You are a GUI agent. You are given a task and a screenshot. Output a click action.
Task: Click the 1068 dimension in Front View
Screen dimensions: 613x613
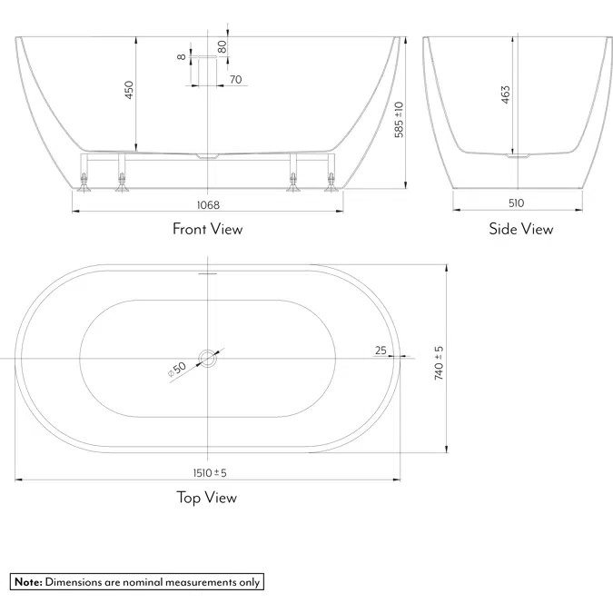coord(207,205)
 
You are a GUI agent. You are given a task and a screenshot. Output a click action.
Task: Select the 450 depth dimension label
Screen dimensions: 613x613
coord(129,90)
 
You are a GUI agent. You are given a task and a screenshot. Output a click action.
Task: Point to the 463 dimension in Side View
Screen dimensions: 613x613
coord(506,95)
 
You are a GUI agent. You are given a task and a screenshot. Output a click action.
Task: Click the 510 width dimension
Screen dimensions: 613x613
coord(517,203)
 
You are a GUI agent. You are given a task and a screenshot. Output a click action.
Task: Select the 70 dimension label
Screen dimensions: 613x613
coord(235,80)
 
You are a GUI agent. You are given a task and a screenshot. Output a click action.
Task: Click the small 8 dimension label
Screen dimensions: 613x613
coord(183,56)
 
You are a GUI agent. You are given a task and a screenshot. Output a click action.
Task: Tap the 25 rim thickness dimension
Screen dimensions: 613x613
coord(380,350)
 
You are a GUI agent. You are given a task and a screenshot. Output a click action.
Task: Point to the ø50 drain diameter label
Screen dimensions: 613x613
coord(176,369)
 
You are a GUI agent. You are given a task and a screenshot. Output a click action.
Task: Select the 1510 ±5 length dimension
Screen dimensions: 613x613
coord(208,472)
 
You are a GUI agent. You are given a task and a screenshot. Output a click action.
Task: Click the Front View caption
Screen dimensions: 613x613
coord(207,229)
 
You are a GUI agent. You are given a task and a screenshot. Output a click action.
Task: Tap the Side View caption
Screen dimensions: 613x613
coord(520,229)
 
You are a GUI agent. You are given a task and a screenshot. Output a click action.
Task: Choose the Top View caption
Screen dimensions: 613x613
coord(206,497)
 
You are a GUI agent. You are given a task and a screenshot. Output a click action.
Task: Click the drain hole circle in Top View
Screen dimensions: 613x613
coord(209,357)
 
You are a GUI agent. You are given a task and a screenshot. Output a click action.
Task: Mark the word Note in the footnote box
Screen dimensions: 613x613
coord(27,582)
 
